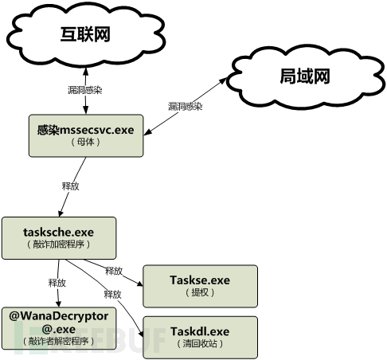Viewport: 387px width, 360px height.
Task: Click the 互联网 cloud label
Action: coord(85,34)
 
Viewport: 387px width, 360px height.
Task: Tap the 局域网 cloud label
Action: coord(305,76)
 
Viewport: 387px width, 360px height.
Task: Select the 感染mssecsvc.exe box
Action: coord(86,135)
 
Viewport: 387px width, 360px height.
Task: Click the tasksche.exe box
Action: coord(59,238)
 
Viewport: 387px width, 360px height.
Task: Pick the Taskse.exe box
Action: coord(201,286)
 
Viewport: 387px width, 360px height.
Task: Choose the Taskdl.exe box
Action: coord(201,338)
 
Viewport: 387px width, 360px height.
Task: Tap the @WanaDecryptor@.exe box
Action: coord(59,328)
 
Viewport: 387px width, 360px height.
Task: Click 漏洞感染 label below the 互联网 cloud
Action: coord(85,90)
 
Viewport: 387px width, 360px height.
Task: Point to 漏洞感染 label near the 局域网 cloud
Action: coord(186,107)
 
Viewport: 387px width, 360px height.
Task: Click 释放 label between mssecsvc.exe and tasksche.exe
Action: coord(71,186)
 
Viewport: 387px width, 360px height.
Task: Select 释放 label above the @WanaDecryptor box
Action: coord(57,283)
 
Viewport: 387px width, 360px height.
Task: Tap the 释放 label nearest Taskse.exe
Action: coord(114,271)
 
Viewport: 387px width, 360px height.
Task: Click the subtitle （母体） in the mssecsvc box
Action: coord(86,142)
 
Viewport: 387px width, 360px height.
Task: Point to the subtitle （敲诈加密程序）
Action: coord(59,245)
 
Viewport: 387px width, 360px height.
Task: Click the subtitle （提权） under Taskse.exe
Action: coord(200,292)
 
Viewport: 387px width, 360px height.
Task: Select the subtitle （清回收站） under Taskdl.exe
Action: coord(200,344)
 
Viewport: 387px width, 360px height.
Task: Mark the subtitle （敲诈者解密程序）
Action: coord(59,341)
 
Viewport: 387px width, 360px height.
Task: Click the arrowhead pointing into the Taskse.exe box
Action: coord(140,284)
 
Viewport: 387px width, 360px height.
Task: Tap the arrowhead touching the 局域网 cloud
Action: coord(223,81)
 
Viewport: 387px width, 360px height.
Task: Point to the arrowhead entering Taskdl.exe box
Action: coord(141,334)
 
